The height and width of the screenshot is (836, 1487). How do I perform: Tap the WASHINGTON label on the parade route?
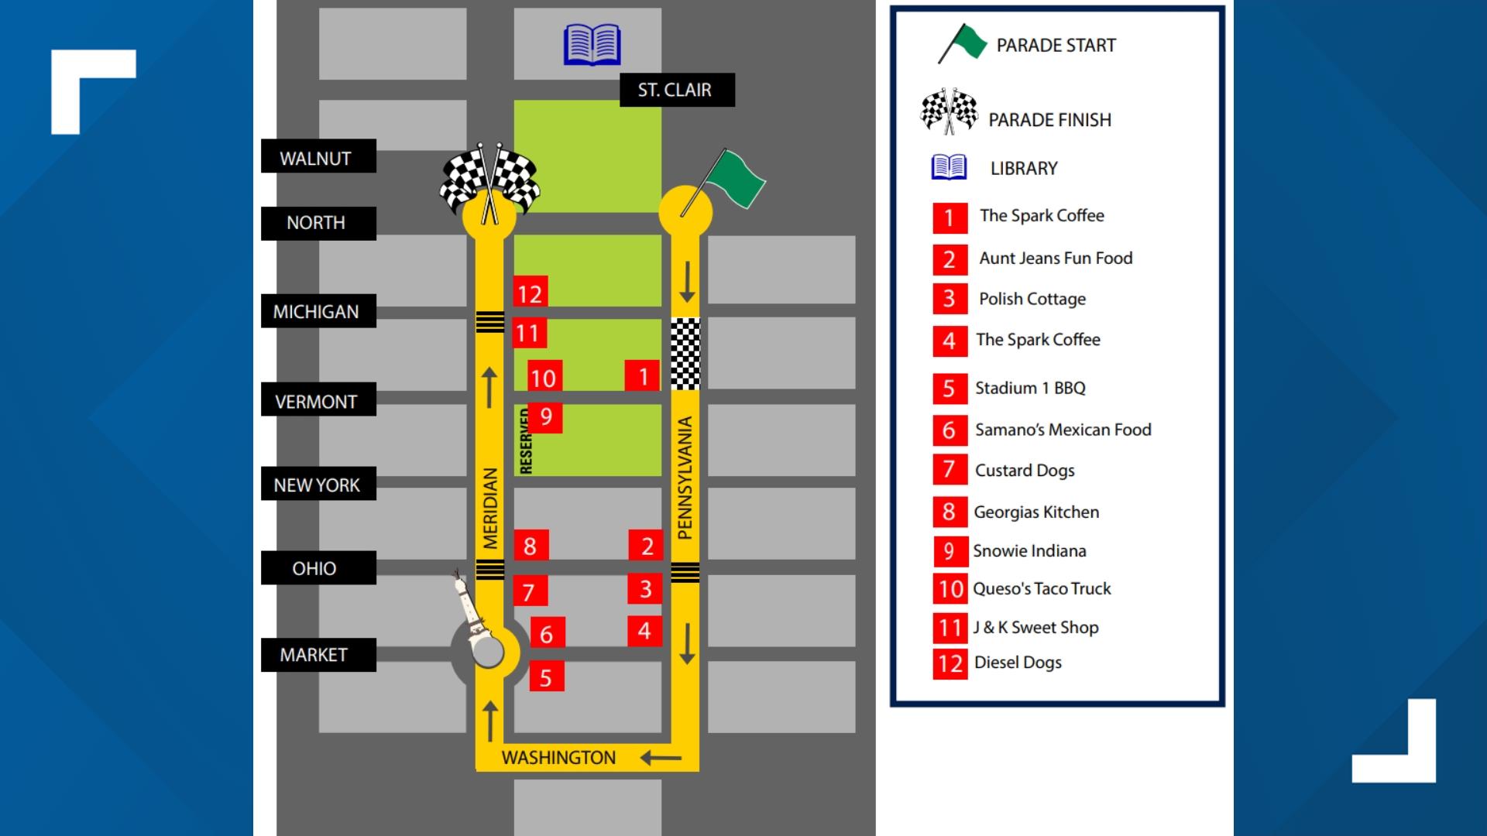(x=558, y=758)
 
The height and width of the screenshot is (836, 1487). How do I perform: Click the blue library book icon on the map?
(x=592, y=44)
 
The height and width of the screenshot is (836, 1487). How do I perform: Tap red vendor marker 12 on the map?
(x=531, y=293)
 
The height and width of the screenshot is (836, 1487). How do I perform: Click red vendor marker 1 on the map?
(x=643, y=376)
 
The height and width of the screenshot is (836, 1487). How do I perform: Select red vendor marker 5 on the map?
(x=546, y=677)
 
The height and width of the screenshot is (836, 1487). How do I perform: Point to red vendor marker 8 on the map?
(x=531, y=546)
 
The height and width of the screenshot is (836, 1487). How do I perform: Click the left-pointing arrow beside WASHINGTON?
(x=661, y=758)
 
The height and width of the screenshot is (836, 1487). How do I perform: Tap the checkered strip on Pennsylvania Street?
(x=685, y=353)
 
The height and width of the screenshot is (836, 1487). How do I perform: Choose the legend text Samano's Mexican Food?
(x=1063, y=430)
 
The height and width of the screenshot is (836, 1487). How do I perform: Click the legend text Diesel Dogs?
(x=1018, y=663)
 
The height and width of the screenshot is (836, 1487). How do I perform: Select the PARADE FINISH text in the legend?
(x=1049, y=120)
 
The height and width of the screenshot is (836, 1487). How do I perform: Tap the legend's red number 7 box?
(x=950, y=470)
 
